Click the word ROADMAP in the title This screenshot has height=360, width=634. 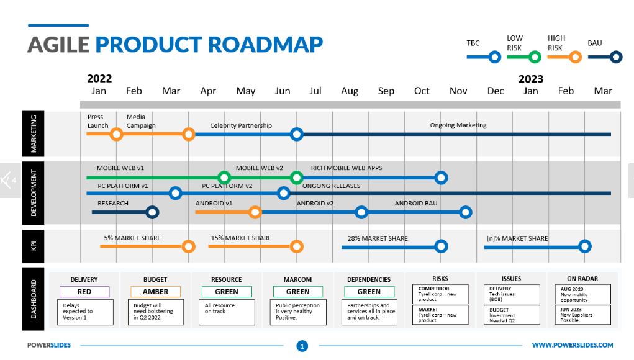(x=265, y=45)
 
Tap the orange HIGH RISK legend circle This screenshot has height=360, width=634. (x=576, y=57)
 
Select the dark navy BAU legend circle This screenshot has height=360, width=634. (x=616, y=57)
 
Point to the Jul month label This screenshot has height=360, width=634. (x=315, y=91)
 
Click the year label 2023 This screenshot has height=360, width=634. (x=531, y=79)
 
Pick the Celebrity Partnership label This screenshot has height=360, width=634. (x=241, y=125)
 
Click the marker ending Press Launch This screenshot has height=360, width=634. (x=117, y=134)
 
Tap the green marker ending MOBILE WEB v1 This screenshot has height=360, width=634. (x=224, y=178)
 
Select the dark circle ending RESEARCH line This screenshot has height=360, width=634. (x=152, y=212)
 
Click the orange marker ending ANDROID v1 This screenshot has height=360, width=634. (x=255, y=212)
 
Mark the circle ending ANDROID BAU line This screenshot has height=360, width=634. (x=465, y=212)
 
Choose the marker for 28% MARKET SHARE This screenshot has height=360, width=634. (x=441, y=246)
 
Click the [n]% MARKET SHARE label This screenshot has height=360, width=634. (x=517, y=239)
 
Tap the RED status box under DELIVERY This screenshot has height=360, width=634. (x=84, y=292)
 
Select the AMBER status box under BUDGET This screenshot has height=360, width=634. (x=156, y=292)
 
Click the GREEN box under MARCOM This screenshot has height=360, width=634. (x=298, y=292)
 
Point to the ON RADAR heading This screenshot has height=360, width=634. (x=582, y=279)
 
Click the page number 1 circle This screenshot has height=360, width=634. (x=302, y=346)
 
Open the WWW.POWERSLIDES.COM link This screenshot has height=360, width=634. (x=573, y=345)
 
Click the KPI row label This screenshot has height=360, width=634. (x=34, y=246)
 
